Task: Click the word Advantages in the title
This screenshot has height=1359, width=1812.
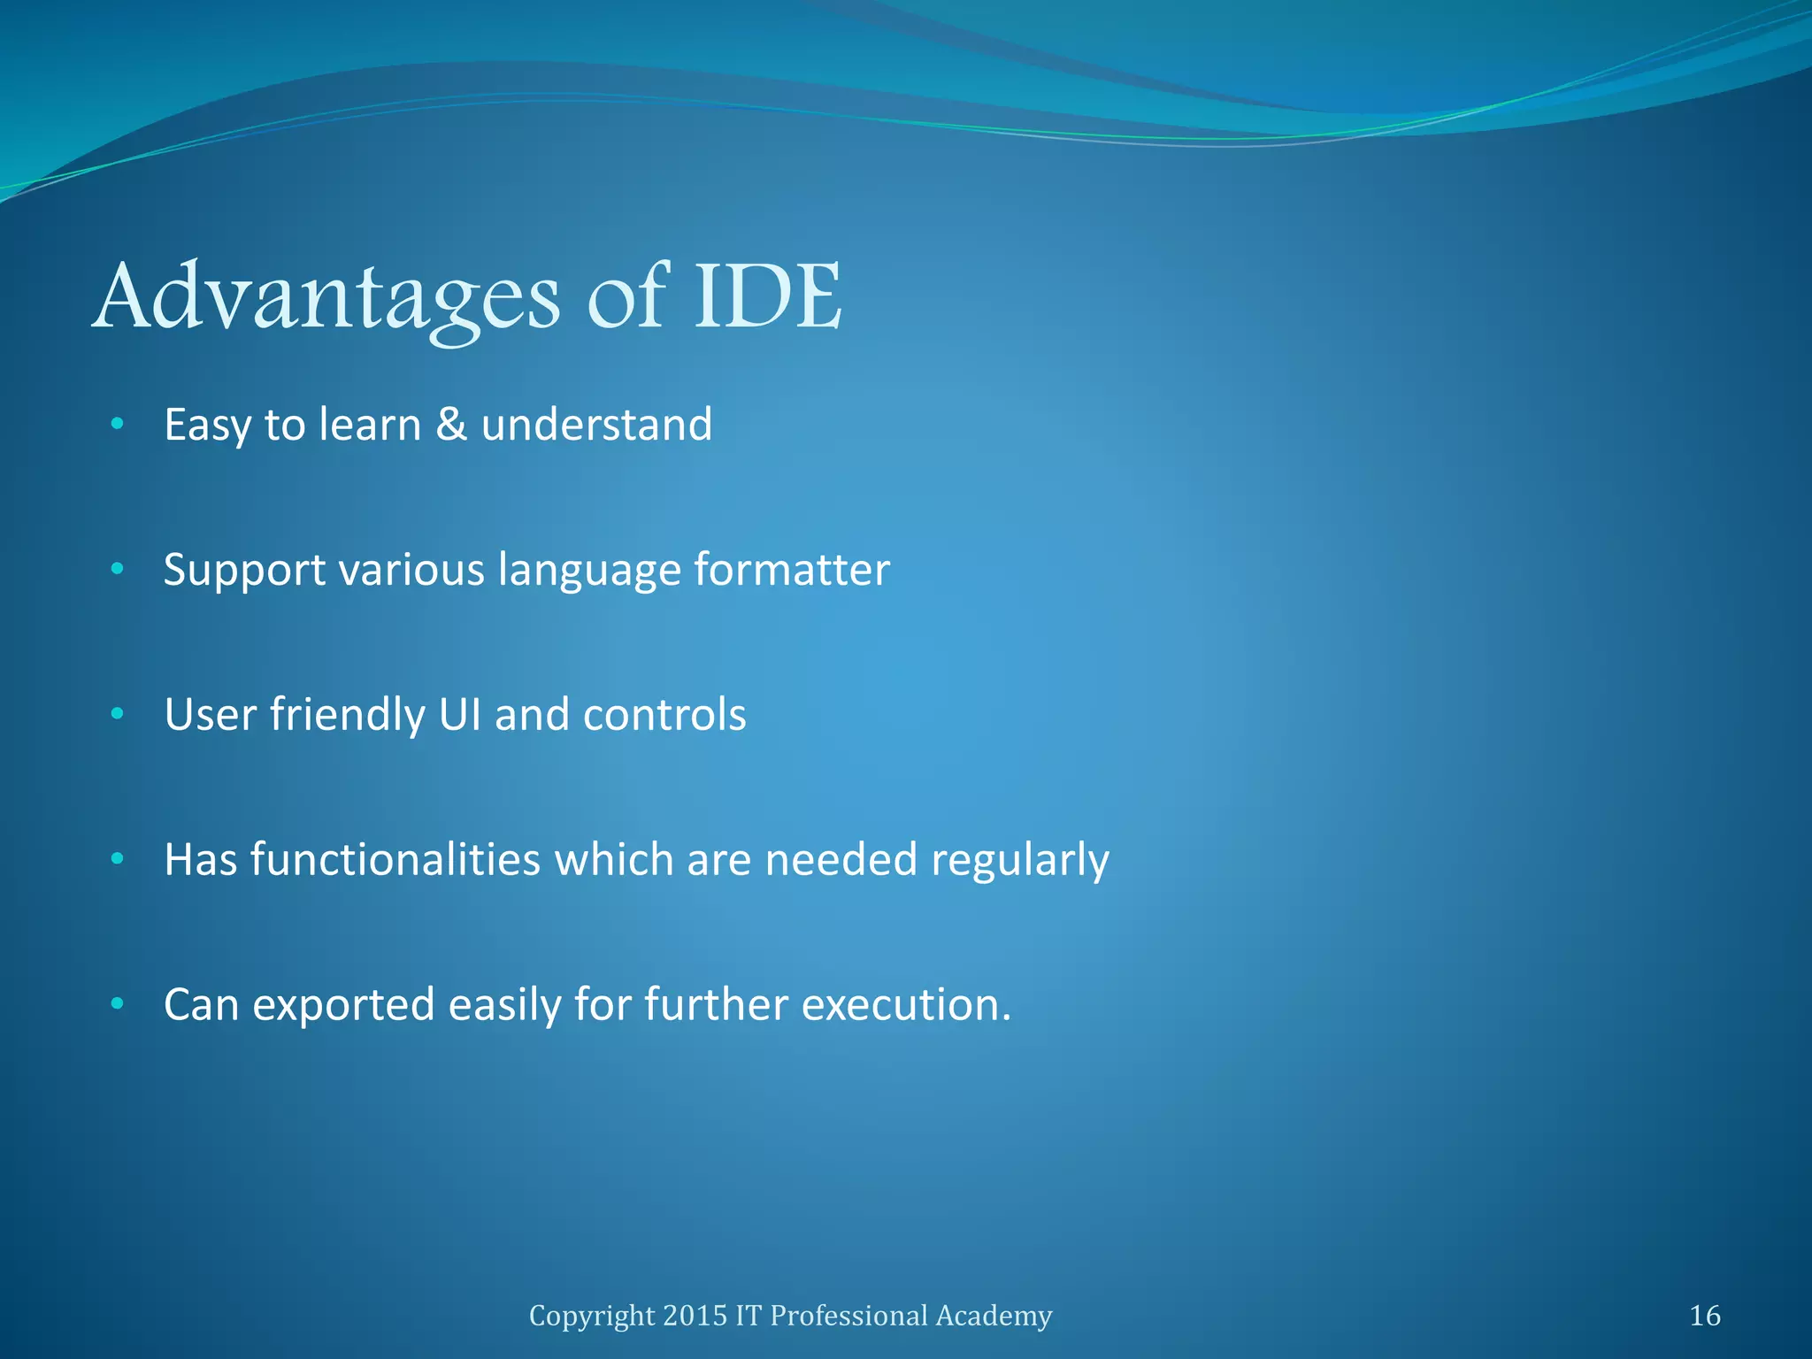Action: pyautogui.click(x=326, y=298)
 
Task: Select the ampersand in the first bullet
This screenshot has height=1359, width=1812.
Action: pyautogui.click(x=451, y=424)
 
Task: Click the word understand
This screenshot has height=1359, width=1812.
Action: pyautogui.click(x=596, y=424)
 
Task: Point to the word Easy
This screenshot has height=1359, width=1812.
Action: pyautogui.click(x=208, y=426)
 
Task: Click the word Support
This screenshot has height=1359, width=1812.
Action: pyautogui.click(x=244, y=571)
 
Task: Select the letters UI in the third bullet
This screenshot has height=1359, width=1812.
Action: pyautogui.click(x=459, y=714)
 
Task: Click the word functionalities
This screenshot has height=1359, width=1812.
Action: pyautogui.click(x=396, y=859)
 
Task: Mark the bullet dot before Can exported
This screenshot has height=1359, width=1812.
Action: pyautogui.click(x=117, y=1004)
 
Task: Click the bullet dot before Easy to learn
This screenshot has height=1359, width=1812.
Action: pyautogui.click(x=117, y=425)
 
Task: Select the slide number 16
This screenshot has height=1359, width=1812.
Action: pyautogui.click(x=1705, y=1316)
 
